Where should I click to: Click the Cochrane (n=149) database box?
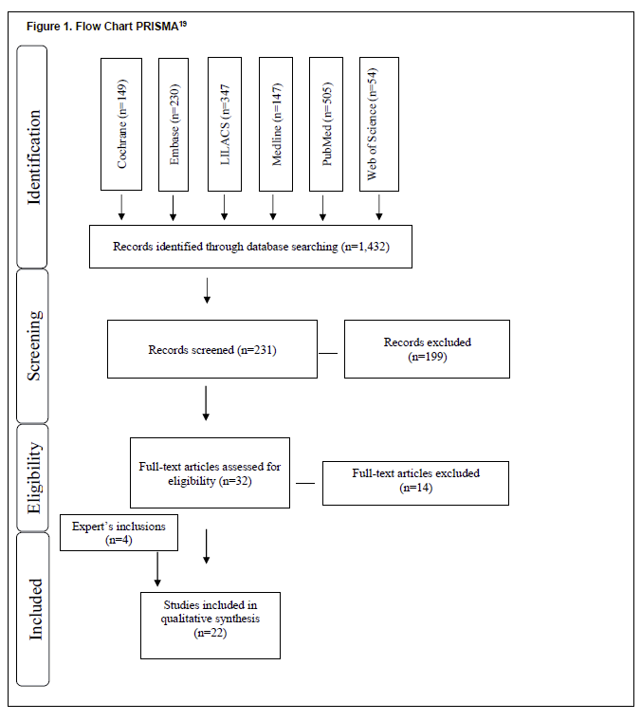(121, 124)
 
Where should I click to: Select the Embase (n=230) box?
(174, 124)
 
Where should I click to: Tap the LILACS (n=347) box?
(225, 124)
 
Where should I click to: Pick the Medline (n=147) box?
(276, 124)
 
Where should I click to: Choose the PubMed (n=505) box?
(326, 124)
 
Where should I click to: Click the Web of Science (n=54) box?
(379, 124)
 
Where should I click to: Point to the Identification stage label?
(33, 157)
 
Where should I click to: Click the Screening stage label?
(34, 345)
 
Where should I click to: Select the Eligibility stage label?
(34, 478)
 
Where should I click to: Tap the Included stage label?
(35, 609)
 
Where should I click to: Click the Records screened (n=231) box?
(212, 349)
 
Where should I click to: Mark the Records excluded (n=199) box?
(427, 349)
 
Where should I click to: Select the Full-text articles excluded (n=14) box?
(415, 483)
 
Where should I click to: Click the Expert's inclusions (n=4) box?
(119, 532)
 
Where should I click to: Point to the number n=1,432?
(365, 247)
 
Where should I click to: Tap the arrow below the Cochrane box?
(121, 207)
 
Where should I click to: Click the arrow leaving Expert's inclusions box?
(157, 569)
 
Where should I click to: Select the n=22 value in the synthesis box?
(211, 633)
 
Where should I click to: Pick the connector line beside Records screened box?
(328, 353)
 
